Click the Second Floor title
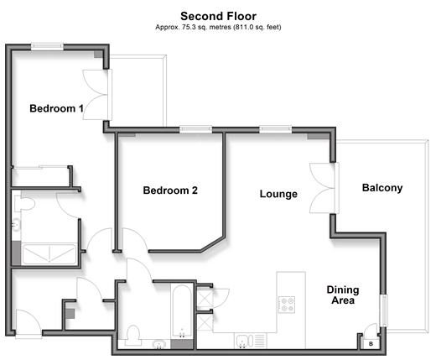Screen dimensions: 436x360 point(218,16)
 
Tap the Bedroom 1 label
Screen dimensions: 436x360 point(56,108)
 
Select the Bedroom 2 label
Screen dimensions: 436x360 point(170,190)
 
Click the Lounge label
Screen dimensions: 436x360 point(278,194)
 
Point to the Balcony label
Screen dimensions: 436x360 point(382,188)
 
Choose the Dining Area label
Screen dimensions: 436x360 point(343,295)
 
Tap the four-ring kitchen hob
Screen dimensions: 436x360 point(287,305)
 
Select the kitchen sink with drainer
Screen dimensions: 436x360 point(251,341)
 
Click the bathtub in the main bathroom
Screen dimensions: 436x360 point(182,311)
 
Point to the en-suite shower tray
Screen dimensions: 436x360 point(49,254)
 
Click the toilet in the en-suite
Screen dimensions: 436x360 point(24,204)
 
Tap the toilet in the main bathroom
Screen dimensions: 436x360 point(132,336)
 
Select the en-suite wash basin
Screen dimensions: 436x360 point(16,225)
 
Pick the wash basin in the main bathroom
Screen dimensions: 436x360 point(159,344)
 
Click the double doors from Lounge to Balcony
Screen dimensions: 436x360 point(324,188)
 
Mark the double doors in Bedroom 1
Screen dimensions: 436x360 point(97,95)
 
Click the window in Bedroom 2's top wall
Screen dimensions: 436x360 point(195,129)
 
